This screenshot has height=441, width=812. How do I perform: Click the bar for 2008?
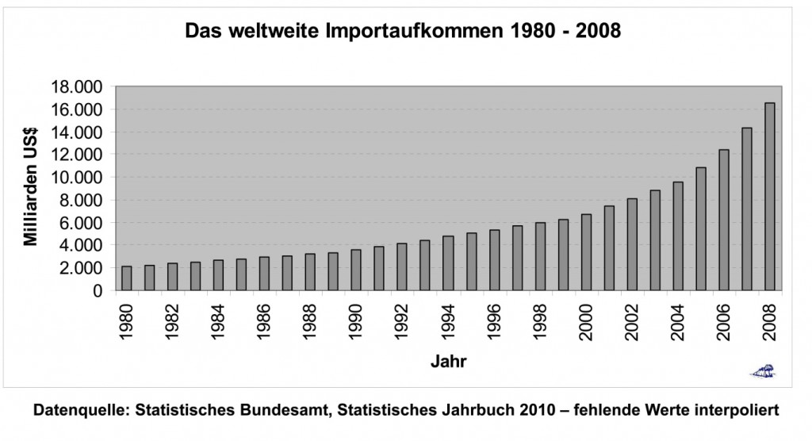tap(769, 197)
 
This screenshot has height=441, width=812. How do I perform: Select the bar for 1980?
tap(127, 278)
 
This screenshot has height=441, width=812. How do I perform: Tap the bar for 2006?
tap(723, 220)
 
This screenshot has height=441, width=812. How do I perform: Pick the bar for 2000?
tap(586, 252)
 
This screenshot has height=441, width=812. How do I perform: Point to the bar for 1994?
tap(448, 263)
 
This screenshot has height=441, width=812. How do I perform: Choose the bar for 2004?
tap(677, 236)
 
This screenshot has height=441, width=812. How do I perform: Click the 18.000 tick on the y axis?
tap(77, 86)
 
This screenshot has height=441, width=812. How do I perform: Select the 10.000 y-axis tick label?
tap(77, 178)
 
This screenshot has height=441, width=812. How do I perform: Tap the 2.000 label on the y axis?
tap(81, 268)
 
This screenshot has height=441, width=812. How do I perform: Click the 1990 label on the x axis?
tap(357, 322)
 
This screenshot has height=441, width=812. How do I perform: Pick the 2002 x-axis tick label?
tap(632, 322)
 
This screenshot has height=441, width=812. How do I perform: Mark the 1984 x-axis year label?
tap(219, 322)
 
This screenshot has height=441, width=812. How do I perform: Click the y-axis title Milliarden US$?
tap(31, 188)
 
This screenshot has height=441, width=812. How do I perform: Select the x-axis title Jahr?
tap(448, 362)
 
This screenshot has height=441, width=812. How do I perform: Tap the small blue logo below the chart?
tap(764, 370)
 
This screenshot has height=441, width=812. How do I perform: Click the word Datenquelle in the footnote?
tap(80, 411)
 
